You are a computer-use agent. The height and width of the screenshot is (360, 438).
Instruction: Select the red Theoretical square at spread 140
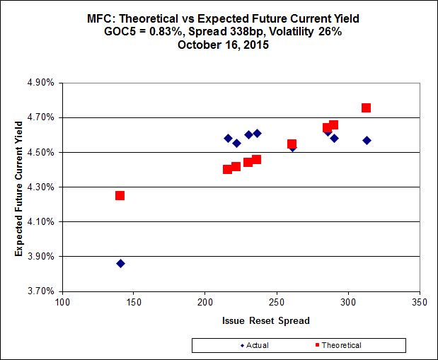[x=120, y=195]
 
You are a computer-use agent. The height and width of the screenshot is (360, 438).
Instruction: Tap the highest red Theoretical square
[x=366, y=108]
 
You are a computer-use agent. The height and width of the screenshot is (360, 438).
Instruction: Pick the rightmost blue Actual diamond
[x=367, y=140]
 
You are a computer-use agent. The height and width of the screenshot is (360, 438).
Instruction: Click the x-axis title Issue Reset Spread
[x=241, y=320]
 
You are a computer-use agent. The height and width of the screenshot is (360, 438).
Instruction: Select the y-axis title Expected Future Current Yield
[x=21, y=187]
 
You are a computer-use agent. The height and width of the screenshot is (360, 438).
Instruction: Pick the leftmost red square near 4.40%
[x=227, y=169]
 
